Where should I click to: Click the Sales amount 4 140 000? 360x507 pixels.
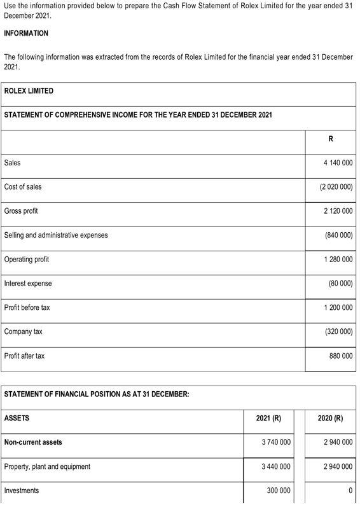[x=338, y=163]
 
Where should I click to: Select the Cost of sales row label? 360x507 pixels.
[x=23, y=187]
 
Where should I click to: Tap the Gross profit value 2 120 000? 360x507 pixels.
[x=338, y=211]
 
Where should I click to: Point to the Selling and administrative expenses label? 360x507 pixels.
[x=56, y=235]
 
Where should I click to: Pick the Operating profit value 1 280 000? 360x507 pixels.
[x=338, y=260]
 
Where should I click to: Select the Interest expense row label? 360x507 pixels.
[x=28, y=284]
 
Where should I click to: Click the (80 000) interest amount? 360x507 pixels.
[x=340, y=284]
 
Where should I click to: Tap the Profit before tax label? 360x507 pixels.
[x=27, y=308]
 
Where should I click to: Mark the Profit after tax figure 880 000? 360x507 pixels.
[x=341, y=356]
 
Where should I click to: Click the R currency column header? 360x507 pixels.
[x=331, y=139]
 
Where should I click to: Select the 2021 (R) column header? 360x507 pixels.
[x=268, y=418]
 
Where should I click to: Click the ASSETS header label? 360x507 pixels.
[x=17, y=418]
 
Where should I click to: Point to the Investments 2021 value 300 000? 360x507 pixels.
[x=278, y=490]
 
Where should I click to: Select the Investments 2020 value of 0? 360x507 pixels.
[x=350, y=490]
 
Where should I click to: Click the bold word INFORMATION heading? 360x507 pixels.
[x=26, y=33]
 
